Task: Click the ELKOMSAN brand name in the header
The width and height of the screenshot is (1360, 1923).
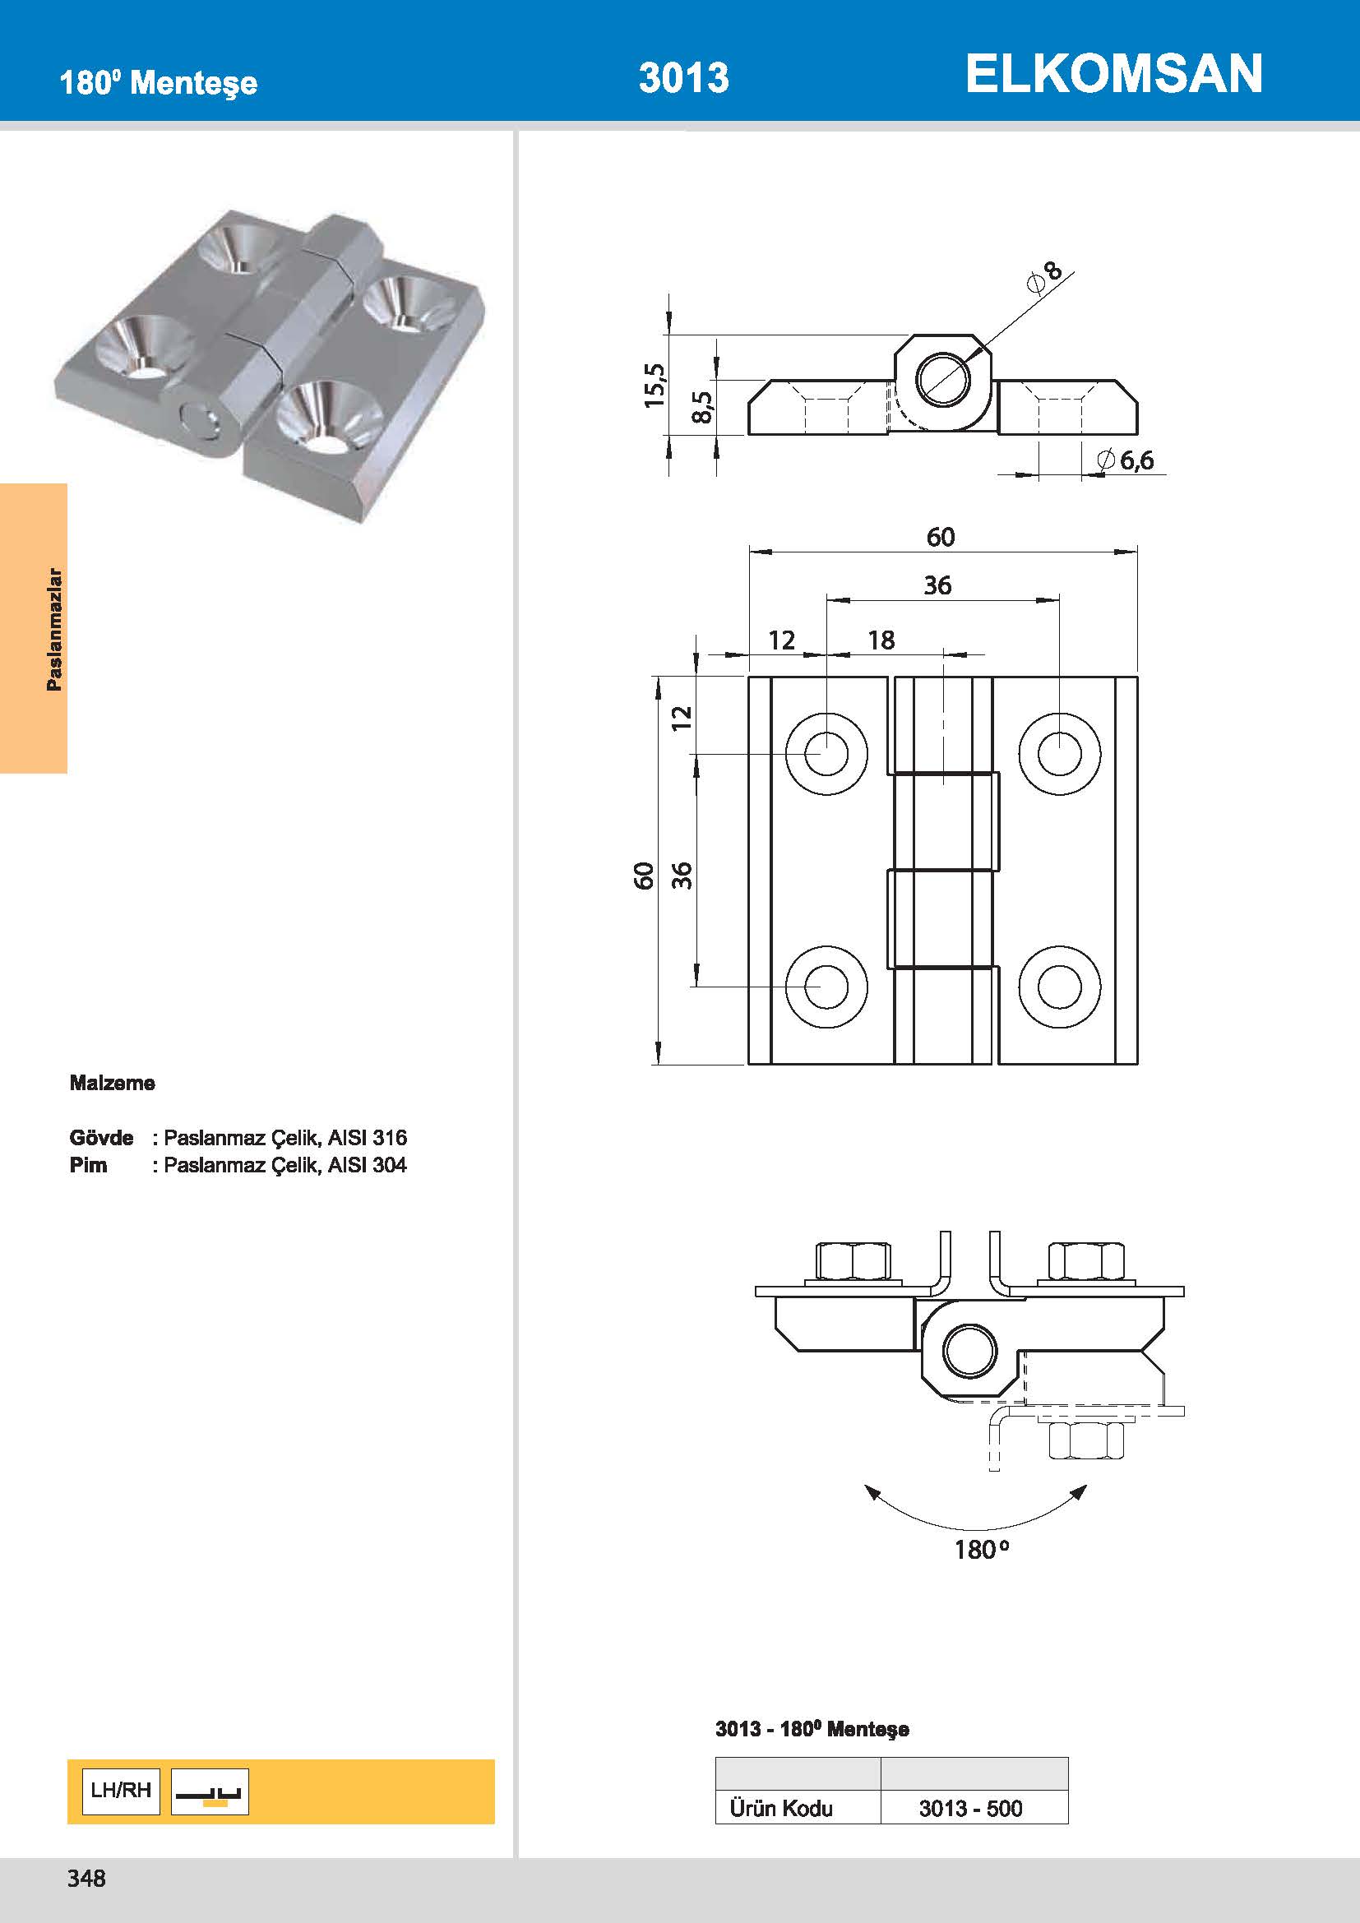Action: click(1113, 74)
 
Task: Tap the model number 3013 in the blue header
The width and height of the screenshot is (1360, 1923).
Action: click(683, 78)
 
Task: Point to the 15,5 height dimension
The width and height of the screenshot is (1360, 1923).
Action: click(654, 386)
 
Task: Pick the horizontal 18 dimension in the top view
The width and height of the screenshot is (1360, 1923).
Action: click(881, 640)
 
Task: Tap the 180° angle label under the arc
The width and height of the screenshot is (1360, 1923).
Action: click(981, 1550)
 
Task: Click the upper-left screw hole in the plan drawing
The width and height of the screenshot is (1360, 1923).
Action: click(826, 753)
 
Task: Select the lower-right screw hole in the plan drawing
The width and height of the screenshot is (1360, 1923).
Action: click(1059, 987)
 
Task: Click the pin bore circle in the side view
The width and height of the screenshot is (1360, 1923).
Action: click(943, 378)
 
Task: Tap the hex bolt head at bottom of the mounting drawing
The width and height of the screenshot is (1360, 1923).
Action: click(1085, 1440)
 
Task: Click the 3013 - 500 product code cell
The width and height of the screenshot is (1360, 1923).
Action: click(970, 1808)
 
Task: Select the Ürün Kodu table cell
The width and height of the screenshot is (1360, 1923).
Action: click(780, 1808)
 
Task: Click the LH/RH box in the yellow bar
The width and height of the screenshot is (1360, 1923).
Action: click(121, 1791)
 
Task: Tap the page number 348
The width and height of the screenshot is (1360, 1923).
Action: click(86, 1879)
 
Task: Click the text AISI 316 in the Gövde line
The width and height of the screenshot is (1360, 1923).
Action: click(367, 1137)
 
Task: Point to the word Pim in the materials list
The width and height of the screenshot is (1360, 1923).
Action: click(88, 1165)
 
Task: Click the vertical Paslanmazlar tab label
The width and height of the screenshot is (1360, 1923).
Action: click(53, 629)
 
